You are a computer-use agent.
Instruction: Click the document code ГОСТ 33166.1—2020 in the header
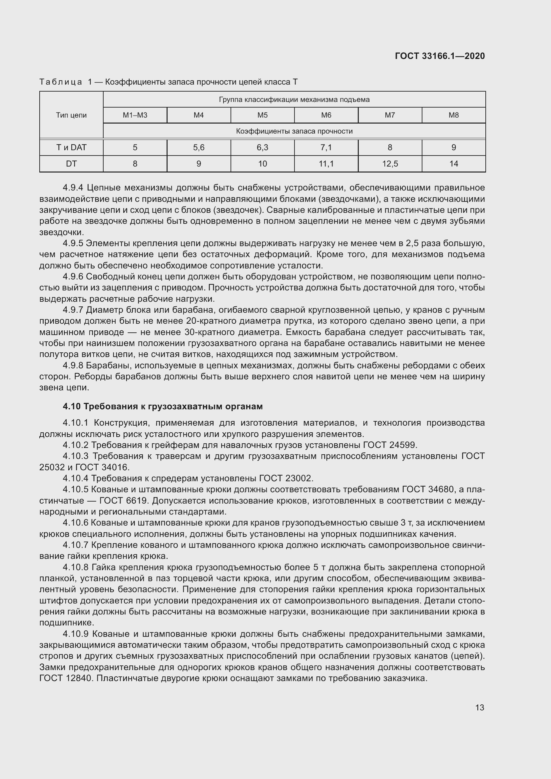440,56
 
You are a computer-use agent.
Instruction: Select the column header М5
262,115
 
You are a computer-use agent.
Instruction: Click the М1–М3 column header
135,115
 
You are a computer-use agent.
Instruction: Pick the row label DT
71,164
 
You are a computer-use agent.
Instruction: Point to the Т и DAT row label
71,148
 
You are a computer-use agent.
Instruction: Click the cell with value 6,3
262,148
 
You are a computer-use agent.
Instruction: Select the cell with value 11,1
326,164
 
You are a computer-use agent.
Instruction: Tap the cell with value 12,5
390,164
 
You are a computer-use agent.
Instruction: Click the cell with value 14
454,164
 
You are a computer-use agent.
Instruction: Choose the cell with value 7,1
326,148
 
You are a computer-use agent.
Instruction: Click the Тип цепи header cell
71,115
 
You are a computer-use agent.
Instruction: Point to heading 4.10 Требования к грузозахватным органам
163,406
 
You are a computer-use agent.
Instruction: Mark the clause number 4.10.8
76,567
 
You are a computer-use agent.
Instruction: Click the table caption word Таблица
61,82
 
